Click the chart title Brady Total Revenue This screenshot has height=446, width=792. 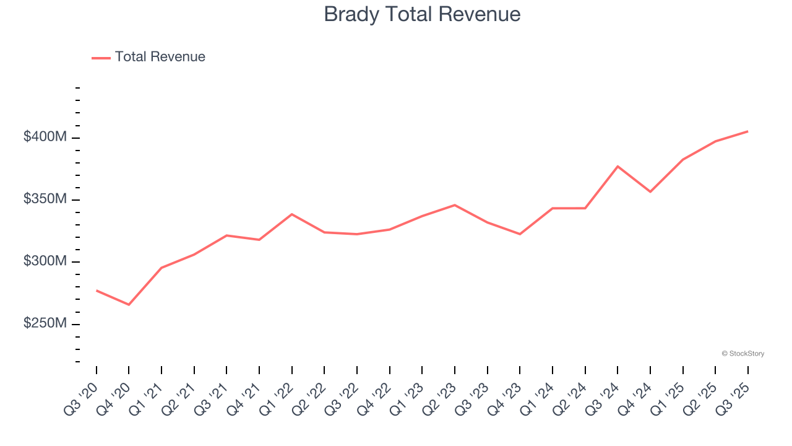tap(422, 14)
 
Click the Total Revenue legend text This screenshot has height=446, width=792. tap(160, 57)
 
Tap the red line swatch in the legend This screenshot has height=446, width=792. tap(101, 58)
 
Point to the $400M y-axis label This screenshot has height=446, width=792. tap(45, 137)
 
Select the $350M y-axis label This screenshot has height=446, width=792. tap(45, 199)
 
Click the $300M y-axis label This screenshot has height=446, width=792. tap(45, 262)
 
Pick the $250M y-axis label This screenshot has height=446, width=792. tap(45, 324)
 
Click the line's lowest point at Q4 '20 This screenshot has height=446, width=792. tap(129, 305)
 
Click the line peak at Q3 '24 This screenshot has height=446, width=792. tap(618, 166)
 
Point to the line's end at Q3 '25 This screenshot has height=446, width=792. tap(747, 131)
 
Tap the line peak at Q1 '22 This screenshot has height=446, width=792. tap(291, 214)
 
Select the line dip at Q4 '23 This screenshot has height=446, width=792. tap(520, 234)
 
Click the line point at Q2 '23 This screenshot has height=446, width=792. tap(455, 205)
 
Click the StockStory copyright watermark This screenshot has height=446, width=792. tap(742, 354)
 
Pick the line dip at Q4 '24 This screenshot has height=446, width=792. tap(650, 191)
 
